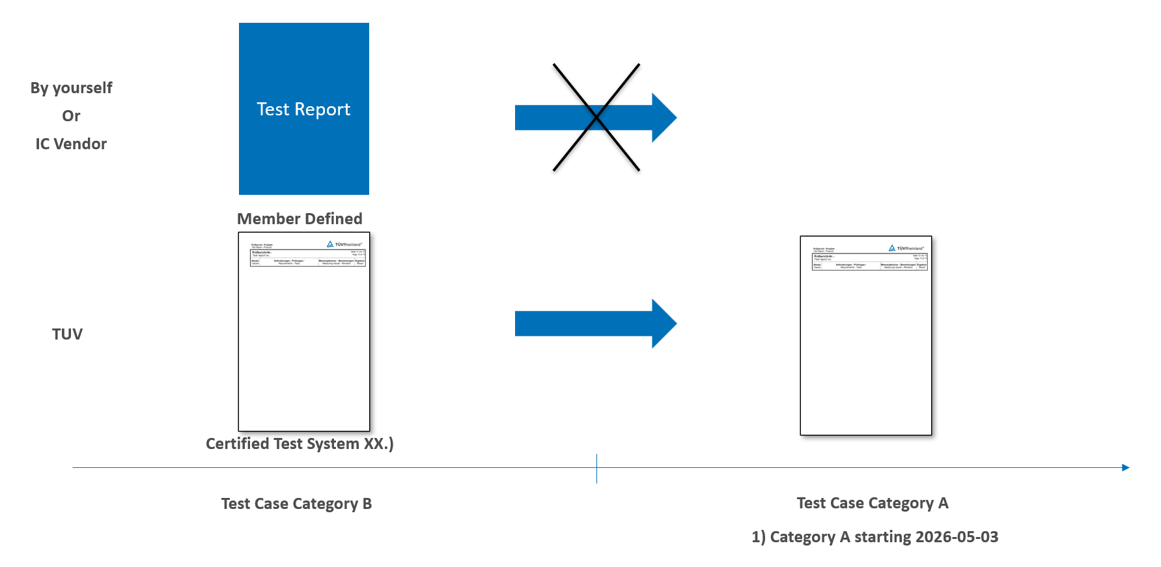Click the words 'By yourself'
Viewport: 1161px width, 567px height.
point(71,88)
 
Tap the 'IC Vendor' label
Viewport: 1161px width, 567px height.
point(71,144)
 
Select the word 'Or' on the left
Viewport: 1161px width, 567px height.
point(71,116)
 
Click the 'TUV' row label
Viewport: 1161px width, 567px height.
point(67,334)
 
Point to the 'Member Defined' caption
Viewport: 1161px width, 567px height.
point(300,219)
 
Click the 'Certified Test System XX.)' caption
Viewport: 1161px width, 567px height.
point(300,444)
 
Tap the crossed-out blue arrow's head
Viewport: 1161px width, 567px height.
point(664,117)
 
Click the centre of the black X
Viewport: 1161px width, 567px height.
point(596,117)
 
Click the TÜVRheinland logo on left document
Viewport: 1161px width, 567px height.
point(344,244)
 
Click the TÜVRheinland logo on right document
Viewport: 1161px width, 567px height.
point(906,248)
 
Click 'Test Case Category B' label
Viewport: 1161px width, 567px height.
point(296,504)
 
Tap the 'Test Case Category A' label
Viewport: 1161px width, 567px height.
point(873,503)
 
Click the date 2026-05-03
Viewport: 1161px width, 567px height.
point(957,537)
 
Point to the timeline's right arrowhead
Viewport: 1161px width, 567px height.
point(1125,467)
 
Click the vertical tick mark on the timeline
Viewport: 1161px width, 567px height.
point(596,469)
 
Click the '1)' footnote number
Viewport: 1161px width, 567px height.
point(758,537)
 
